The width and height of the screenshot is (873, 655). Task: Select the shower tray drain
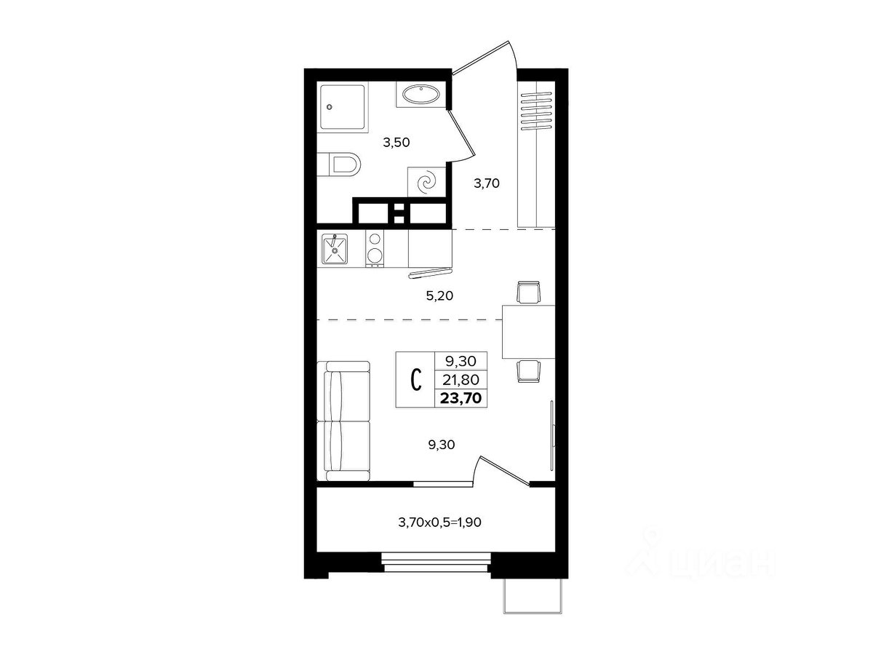(329, 107)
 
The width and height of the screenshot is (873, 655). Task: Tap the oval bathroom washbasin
(421, 95)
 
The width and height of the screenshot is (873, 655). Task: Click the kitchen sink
(335, 250)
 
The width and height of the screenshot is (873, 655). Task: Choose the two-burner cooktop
(375, 250)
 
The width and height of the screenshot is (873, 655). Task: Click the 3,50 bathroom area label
(396, 143)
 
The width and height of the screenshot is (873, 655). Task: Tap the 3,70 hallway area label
(487, 183)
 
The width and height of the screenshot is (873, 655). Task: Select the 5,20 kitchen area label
(439, 296)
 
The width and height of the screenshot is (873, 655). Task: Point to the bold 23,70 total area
(461, 397)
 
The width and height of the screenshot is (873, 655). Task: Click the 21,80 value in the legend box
(461, 380)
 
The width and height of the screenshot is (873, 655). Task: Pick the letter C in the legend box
(415, 380)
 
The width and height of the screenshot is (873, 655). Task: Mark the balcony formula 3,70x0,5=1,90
(439, 522)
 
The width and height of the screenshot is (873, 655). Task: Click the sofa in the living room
(343, 421)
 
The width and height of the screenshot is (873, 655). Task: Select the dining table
(528, 332)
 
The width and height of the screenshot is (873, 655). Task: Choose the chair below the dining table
(529, 371)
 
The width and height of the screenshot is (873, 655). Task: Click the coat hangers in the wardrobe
(536, 111)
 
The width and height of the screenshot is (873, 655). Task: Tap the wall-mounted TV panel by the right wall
(552, 435)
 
